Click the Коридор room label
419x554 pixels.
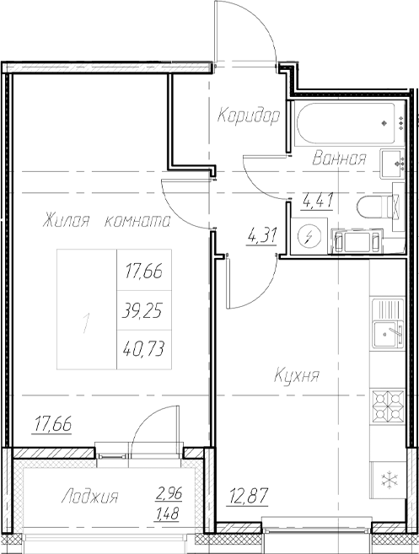coord(247,116)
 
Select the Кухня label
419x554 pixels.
coord(296,376)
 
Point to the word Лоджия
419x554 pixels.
coord(90,498)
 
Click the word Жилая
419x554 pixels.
coord(67,222)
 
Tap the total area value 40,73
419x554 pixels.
coord(142,347)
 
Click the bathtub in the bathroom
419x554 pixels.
coord(346,126)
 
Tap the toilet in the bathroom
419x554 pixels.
coord(375,207)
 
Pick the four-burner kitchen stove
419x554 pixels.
coord(390,407)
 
